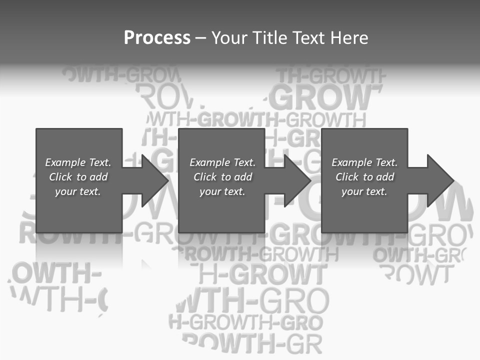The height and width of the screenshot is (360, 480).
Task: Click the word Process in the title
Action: [x=157, y=38]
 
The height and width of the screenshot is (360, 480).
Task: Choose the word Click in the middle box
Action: [x=205, y=177]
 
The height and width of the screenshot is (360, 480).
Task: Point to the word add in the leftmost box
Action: [x=98, y=177]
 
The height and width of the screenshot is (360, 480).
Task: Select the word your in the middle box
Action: [x=210, y=191]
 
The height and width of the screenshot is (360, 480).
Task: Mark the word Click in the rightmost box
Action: [x=347, y=177]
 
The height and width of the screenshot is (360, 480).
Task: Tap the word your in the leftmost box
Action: [x=65, y=191]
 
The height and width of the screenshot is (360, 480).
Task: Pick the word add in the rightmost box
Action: [x=385, y=177]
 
